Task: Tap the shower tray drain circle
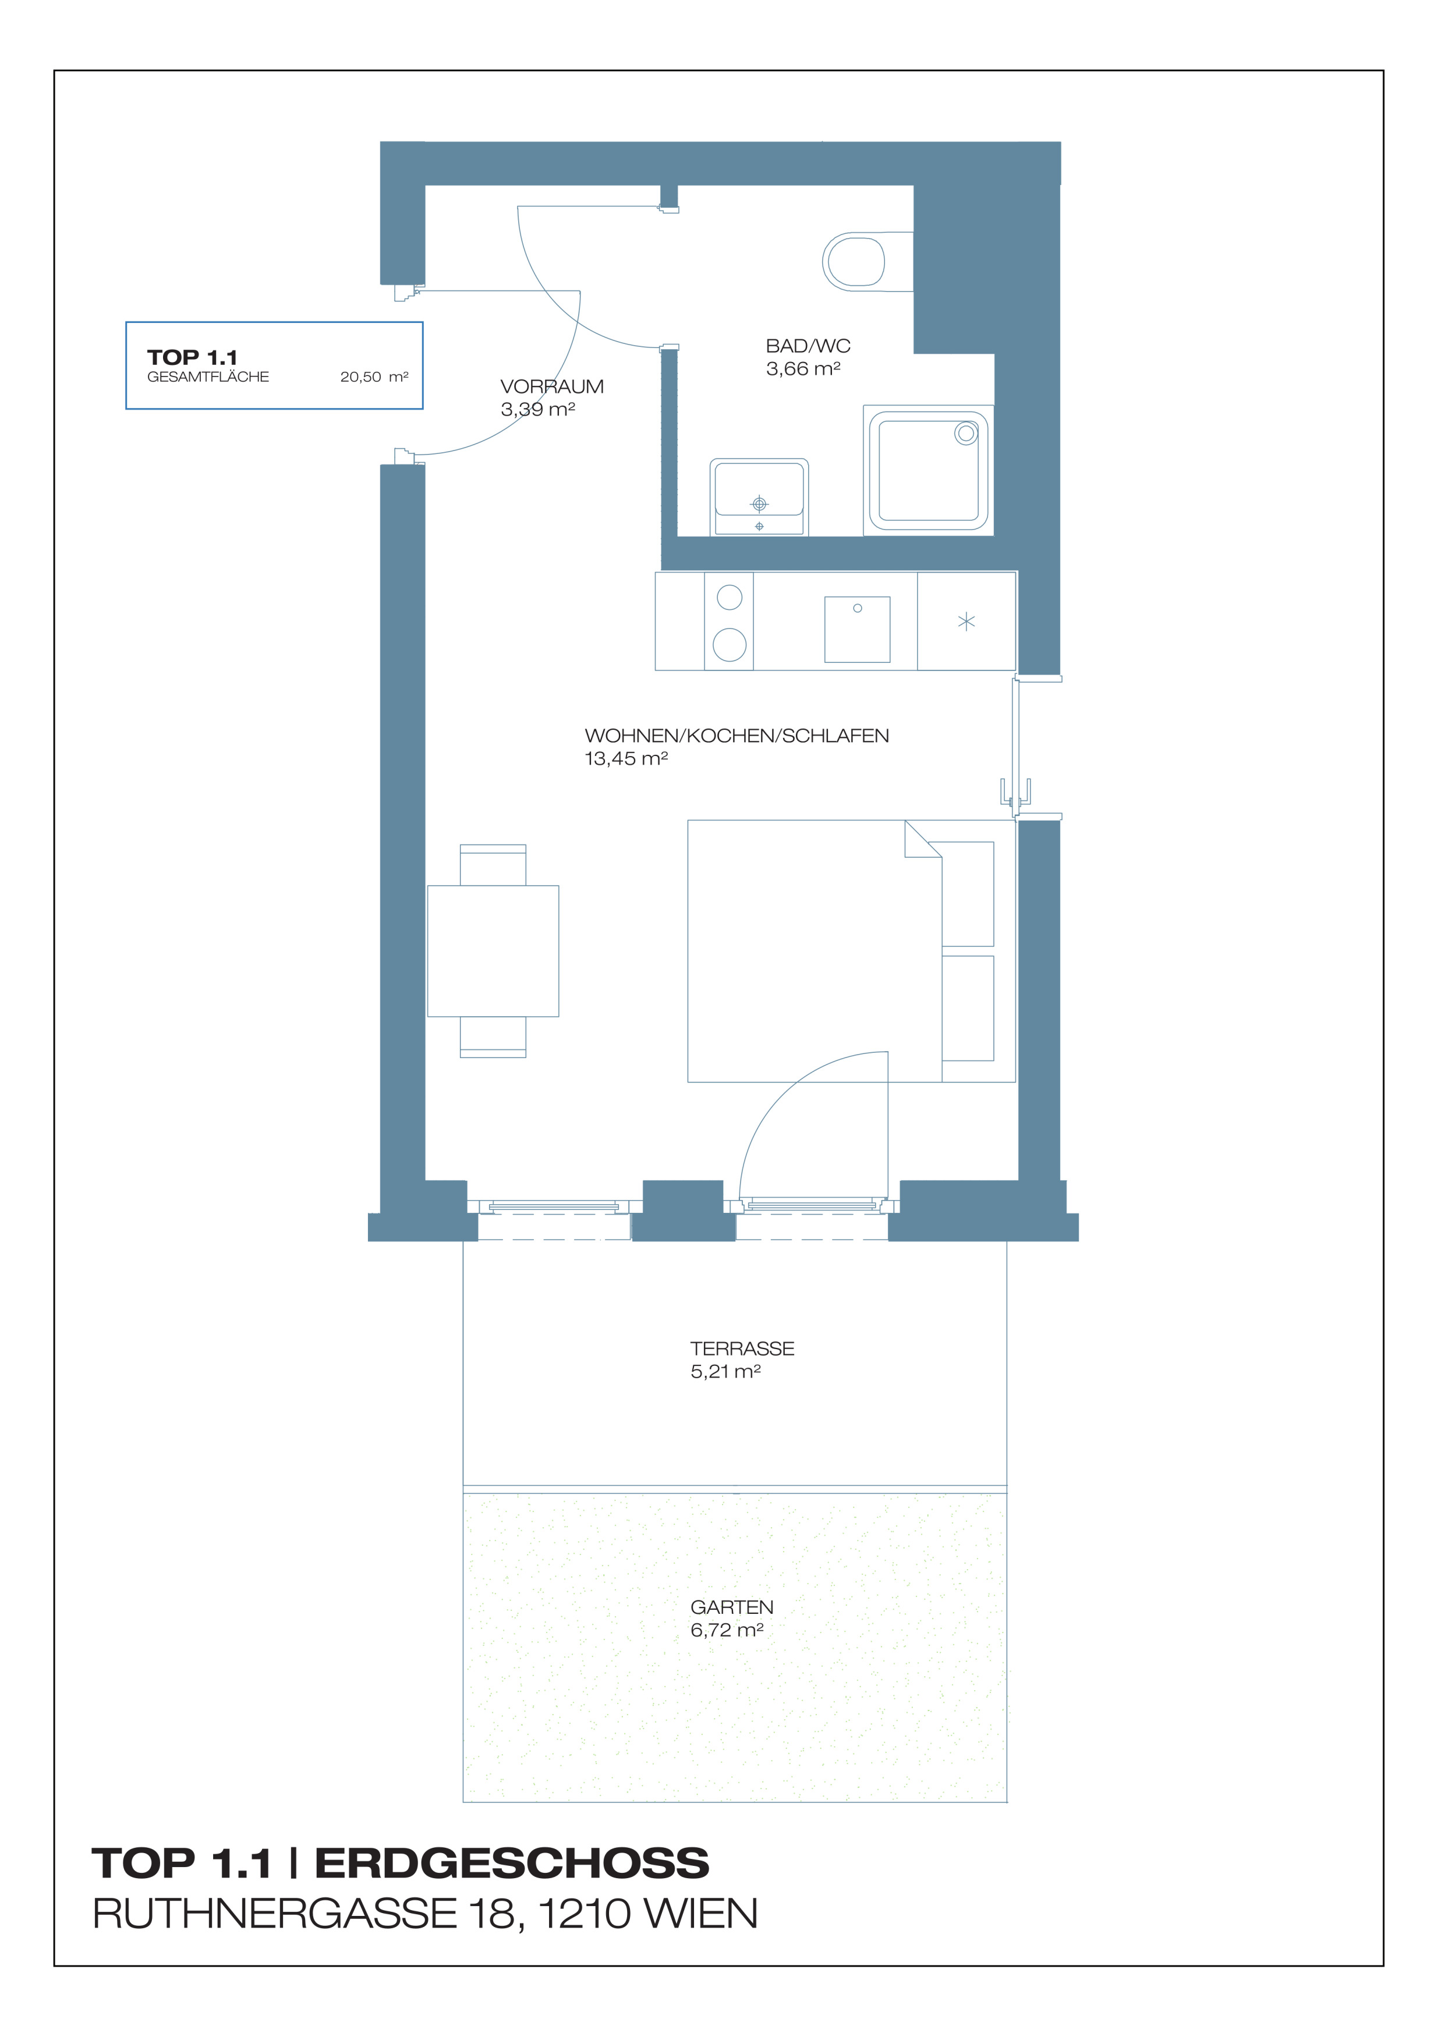click(x=965, y=434)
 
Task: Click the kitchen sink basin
click(x=857, y=629)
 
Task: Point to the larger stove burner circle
click(x=730, y=644)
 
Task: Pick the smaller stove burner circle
click(x=730, y=597)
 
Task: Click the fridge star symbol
click(x=966, y=622)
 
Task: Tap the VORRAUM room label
click(x=552, y=387)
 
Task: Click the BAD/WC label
click(x=808, y=346)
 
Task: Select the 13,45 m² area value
click(x=625, y=758)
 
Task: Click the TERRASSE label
click(x=743, y=1348)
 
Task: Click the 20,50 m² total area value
click(x=374, y=377)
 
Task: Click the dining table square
click(x=493, y=951)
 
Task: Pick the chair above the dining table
click(x=493, y=865)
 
